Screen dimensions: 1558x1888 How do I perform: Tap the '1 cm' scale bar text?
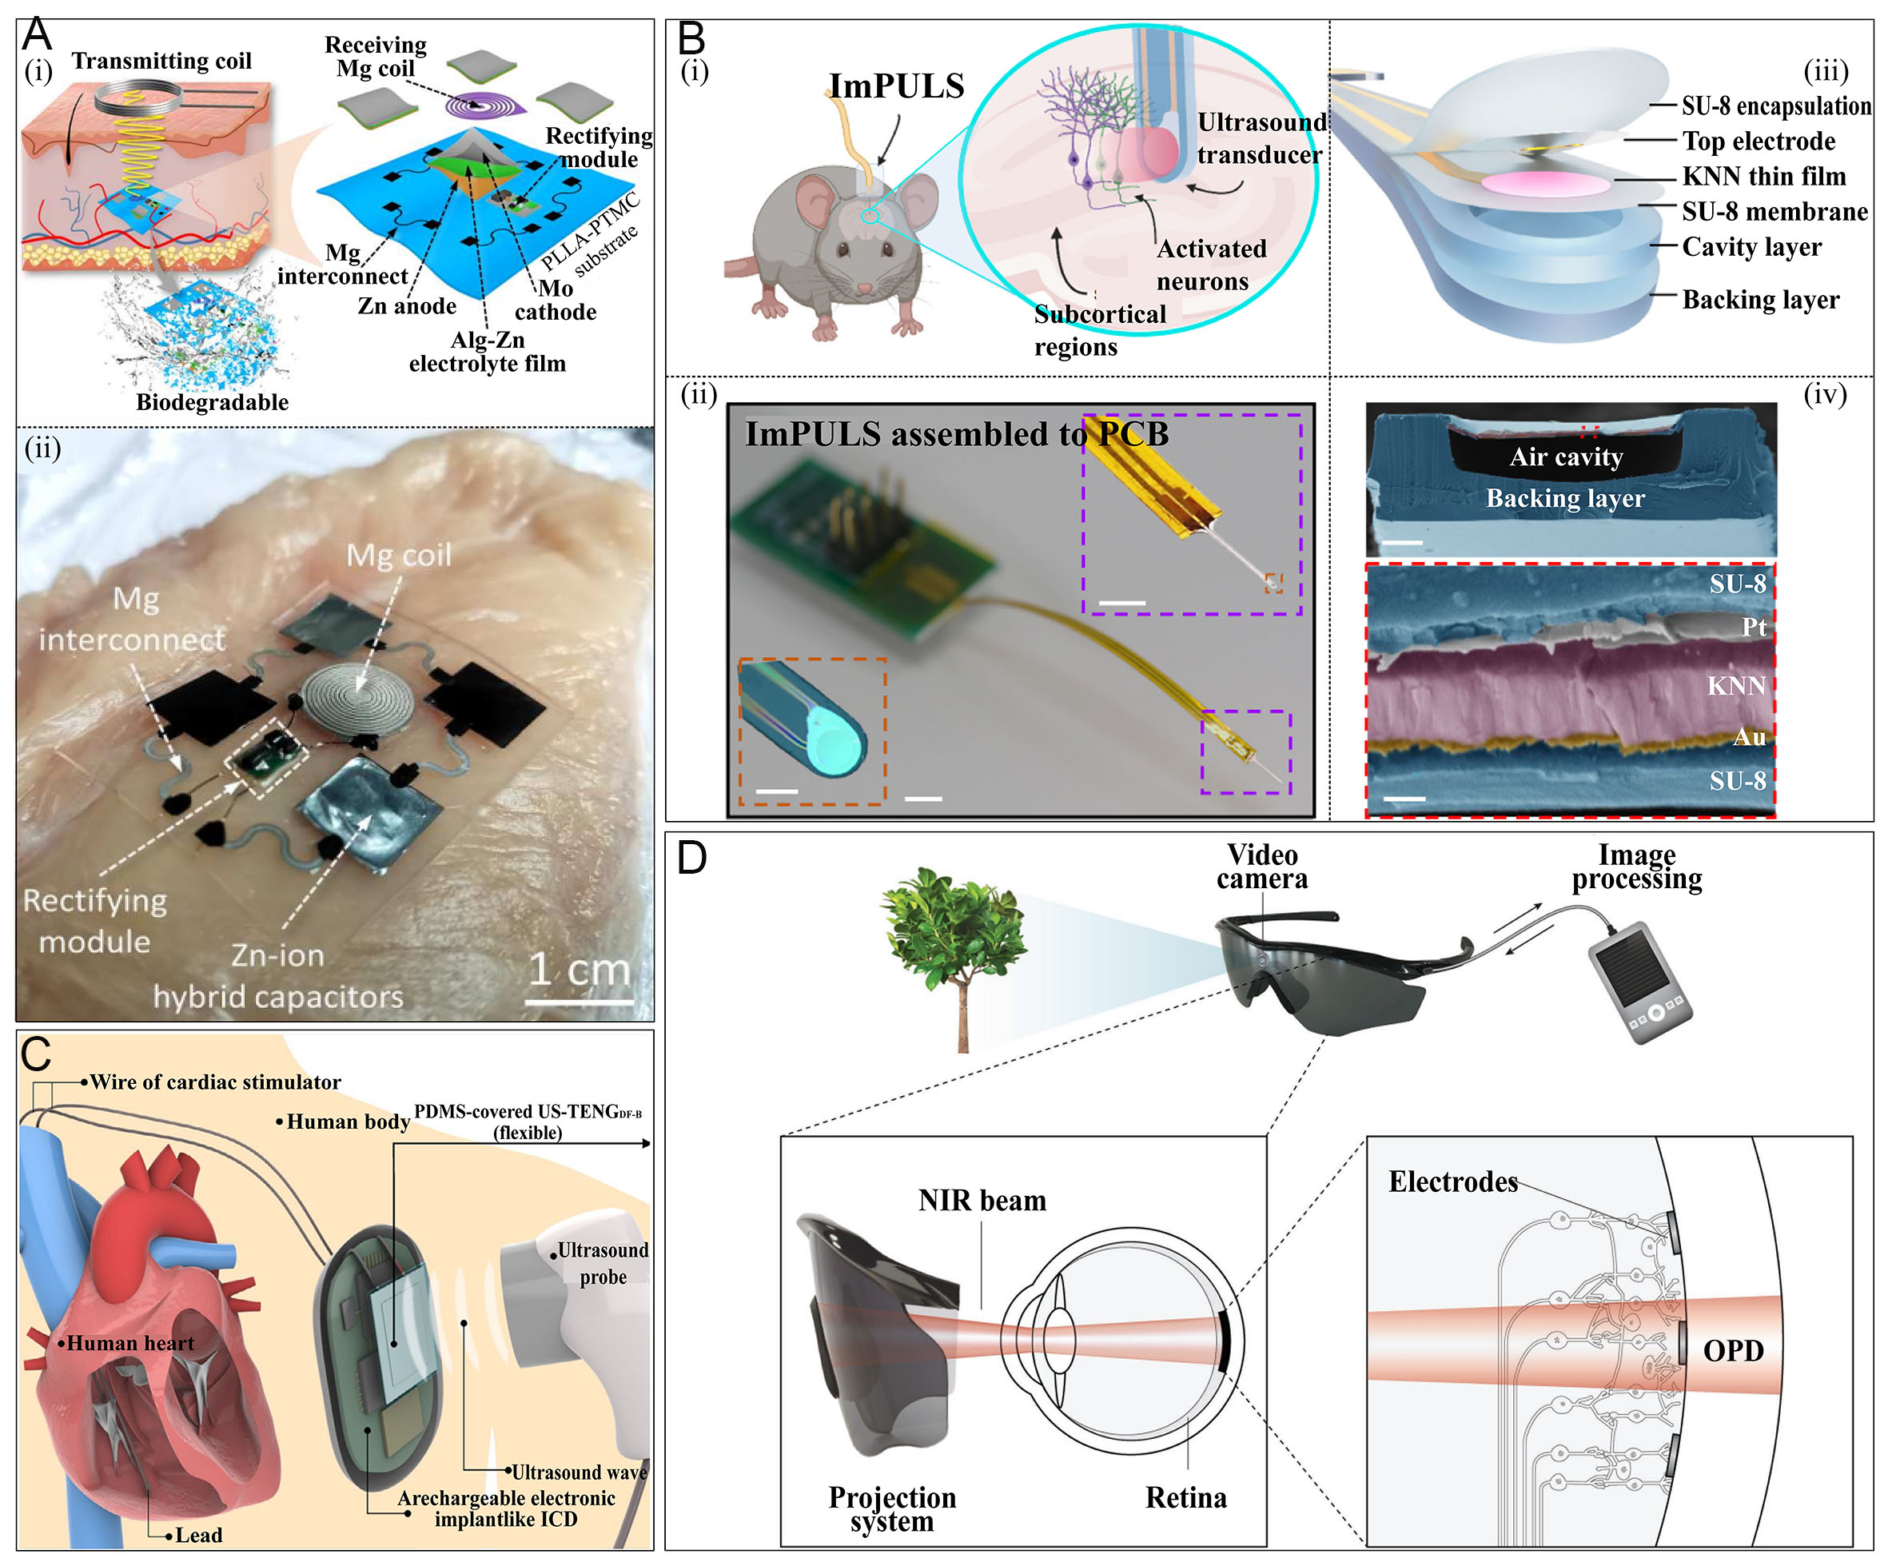tap(579, 970)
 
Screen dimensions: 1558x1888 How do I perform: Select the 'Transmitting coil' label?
tap(161, 61)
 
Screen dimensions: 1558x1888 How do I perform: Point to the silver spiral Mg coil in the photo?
tap(356, 697)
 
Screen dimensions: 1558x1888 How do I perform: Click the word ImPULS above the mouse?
tap(895, 86)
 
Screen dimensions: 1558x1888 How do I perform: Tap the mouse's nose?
tap(863, 288)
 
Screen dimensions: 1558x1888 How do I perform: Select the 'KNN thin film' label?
tap(1763, 177)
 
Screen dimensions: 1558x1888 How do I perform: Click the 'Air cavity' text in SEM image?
tap(1566, 456)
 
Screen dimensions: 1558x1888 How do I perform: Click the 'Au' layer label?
tap(1749, 737)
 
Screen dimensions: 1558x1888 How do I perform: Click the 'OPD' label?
tap(1733, 1351)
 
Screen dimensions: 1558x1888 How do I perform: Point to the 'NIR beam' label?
tap(982, 1201)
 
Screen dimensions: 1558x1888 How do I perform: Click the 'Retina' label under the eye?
tap(1185, 1498)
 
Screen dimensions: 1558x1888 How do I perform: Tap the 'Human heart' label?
tap(130, 1344)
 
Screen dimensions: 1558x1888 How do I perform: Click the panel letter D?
tap(691, 858)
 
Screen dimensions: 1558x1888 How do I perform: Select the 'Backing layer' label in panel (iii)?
tap(1759, 300)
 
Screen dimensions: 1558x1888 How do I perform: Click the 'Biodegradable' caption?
tap(212, 402)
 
